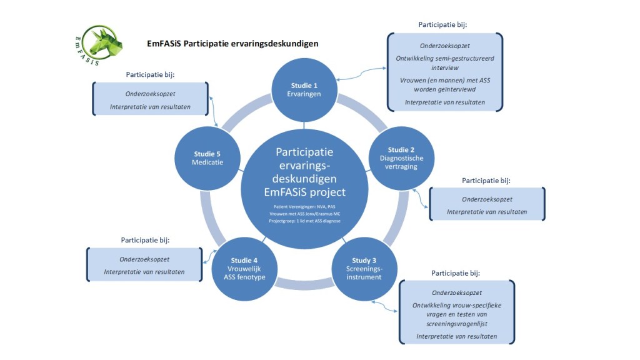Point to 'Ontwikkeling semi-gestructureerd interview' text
point(445,62)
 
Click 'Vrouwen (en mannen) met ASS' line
point(445,80)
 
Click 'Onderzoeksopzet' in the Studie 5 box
point(150,94)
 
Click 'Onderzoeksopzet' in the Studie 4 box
point(144,259)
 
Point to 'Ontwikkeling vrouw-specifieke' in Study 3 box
point(456,305)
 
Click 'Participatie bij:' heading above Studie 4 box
point(145,239)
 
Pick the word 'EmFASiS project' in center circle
point(304,192)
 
